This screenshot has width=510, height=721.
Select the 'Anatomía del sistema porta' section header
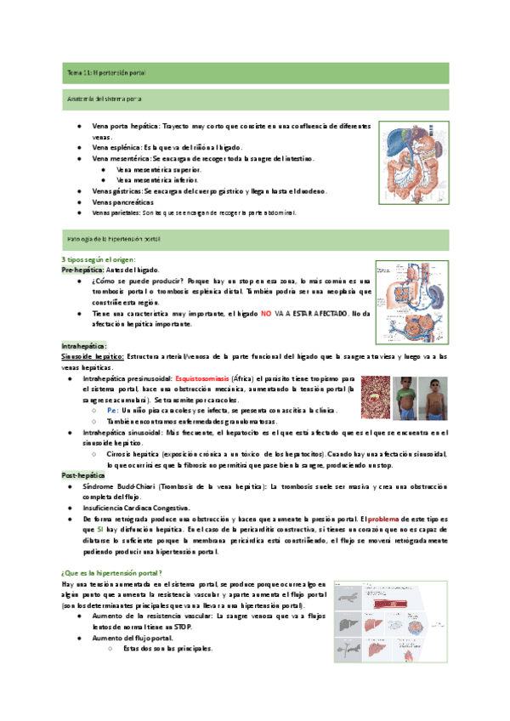105,99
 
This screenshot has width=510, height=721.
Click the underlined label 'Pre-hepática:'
81,269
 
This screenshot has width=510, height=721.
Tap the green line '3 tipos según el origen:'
98,258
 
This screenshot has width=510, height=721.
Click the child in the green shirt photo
405,396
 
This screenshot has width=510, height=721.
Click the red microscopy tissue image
374,396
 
